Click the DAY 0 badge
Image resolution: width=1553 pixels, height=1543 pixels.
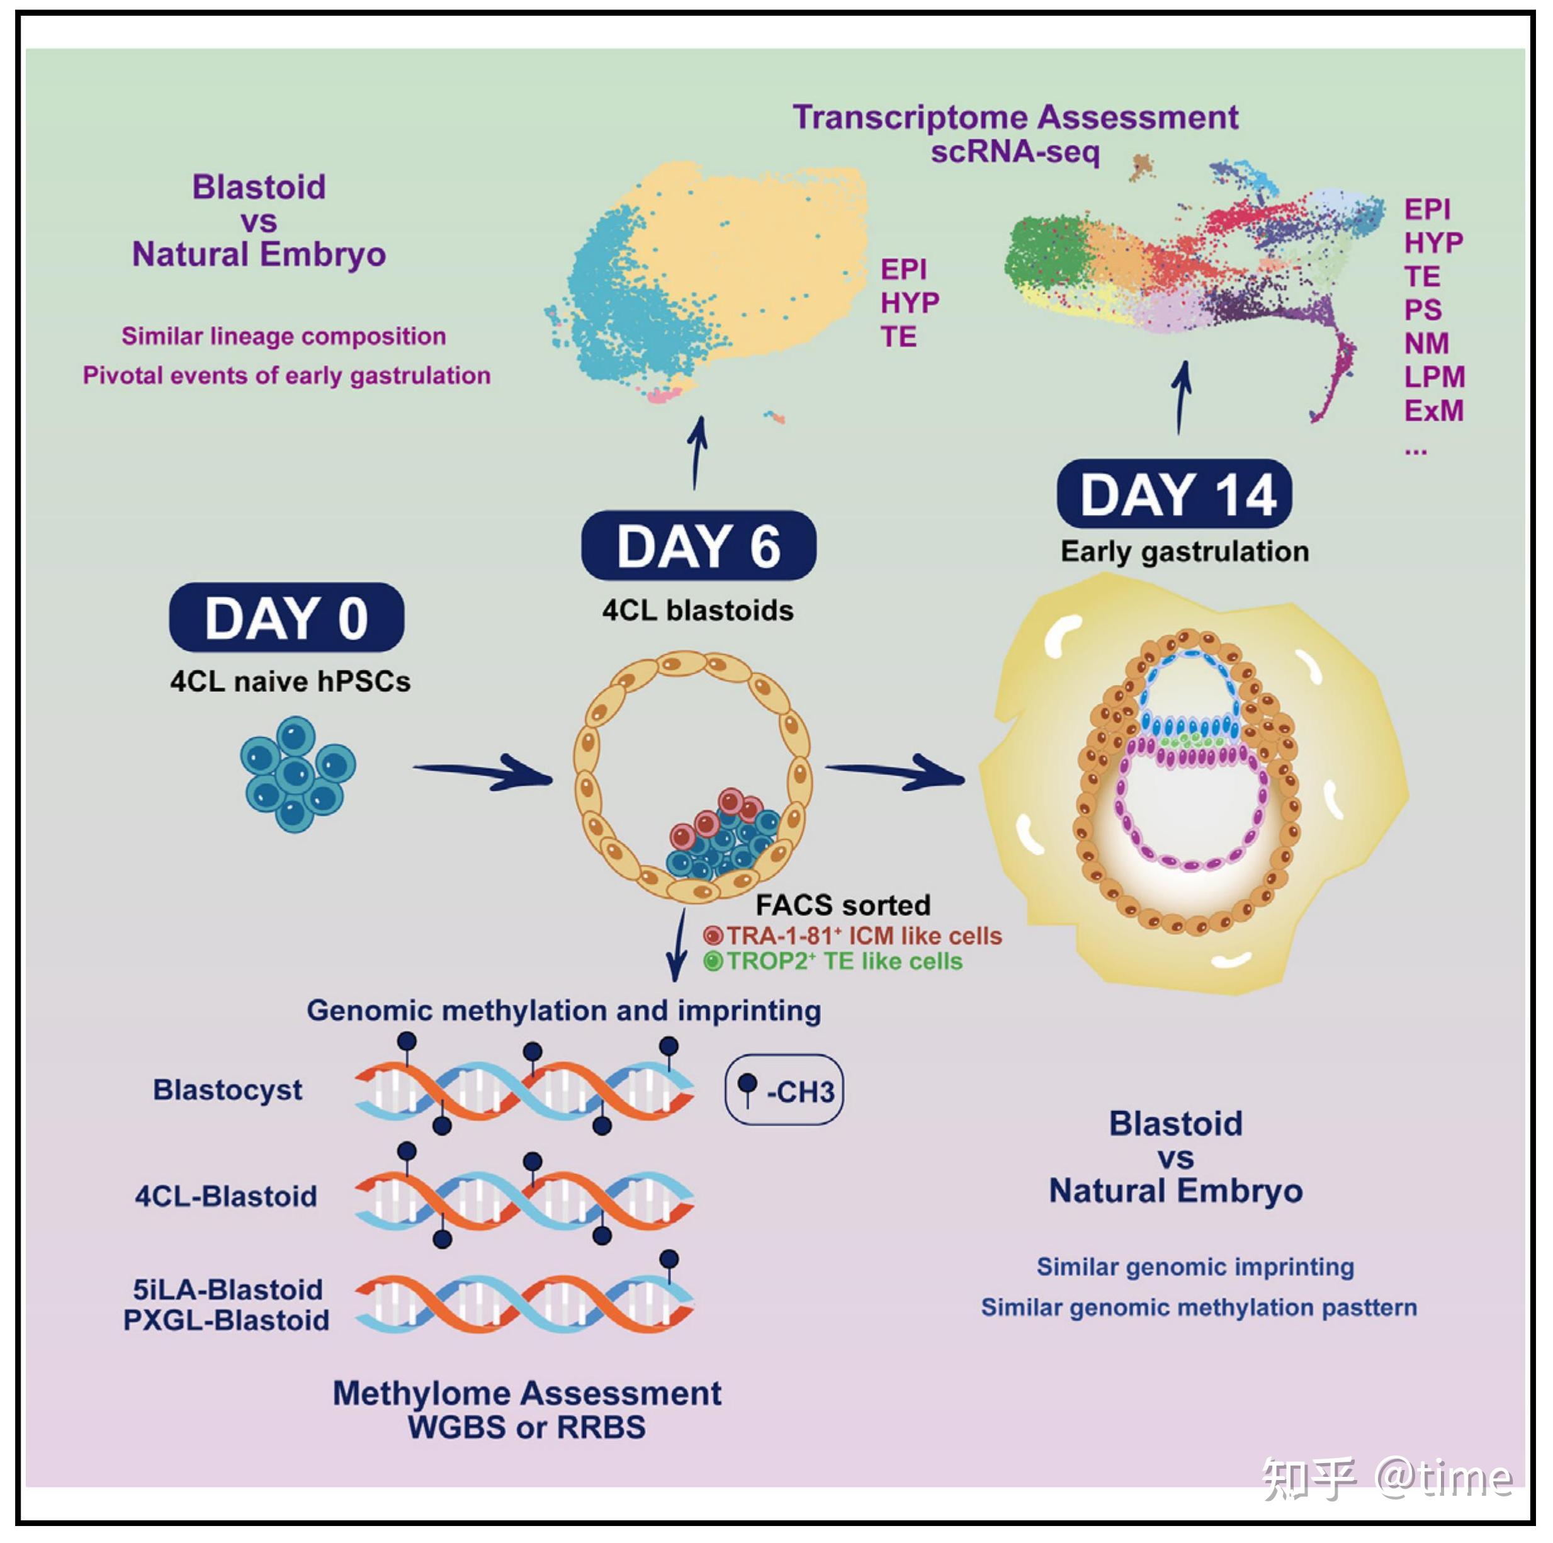[286, 617]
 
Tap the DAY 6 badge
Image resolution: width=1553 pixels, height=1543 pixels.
[699, 545]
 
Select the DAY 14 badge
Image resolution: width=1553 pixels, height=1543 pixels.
[1175, 494]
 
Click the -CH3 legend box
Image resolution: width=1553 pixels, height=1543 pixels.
[784, 1090]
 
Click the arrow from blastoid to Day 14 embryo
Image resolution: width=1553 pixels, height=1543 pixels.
[895, 772]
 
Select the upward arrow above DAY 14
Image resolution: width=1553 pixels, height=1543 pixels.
[1181, 398]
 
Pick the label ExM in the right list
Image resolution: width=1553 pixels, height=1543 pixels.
[1434, 411]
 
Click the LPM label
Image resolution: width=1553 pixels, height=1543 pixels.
[1435, 377]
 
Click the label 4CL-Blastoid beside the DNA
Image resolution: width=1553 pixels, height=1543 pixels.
[226, 1197]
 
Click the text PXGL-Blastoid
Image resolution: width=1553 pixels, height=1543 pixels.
[226, 1320]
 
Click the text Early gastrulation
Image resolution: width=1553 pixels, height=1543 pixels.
[1185, 551]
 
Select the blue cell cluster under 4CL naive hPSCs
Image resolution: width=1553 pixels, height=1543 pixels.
[296, 774]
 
